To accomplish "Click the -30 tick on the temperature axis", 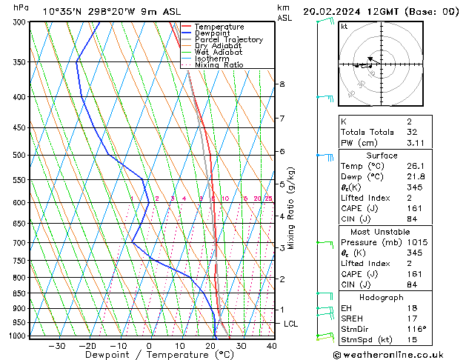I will (x=56, y=345).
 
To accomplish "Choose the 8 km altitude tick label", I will (x=282, y=84).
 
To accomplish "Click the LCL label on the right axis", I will (x=291, y=324).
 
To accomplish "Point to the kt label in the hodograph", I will (x=344, y=27).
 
